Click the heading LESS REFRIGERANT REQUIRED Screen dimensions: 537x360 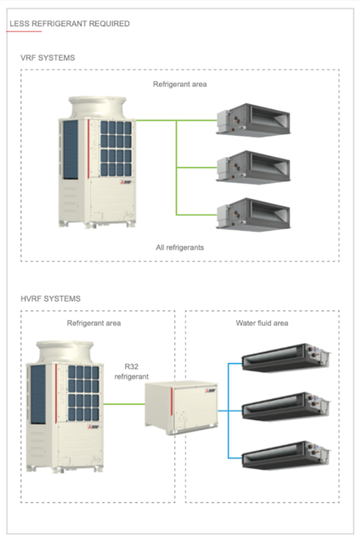click(69, 24)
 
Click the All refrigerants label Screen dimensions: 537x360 click(180, 248)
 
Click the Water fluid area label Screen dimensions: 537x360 click(262, 323)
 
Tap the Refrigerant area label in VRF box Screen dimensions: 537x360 click(180, 84)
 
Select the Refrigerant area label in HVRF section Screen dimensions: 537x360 click(94, 323)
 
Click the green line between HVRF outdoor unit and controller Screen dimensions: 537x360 click(123, 405)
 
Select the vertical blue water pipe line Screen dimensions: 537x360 click(229, 410)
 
